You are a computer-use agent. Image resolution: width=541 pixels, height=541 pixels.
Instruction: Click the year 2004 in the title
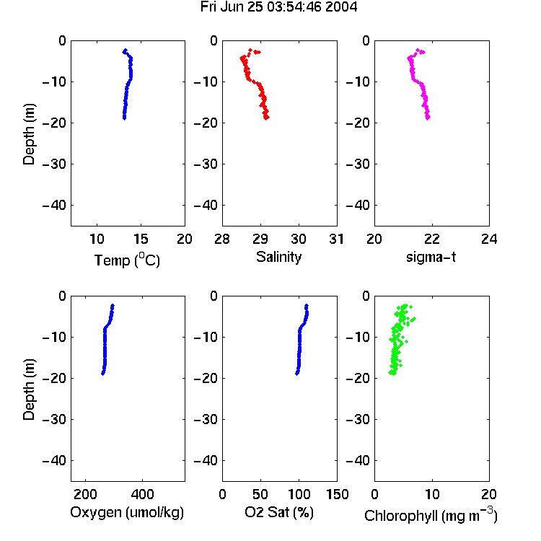coord(341,7)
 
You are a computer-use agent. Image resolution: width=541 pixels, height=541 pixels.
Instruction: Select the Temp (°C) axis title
coord(127,260)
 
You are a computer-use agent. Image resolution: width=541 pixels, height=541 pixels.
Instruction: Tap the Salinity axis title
coord(278,257)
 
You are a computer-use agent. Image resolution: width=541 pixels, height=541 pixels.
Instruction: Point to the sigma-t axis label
coord(431,257)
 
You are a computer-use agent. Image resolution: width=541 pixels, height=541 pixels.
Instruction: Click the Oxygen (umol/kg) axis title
coord(127,512)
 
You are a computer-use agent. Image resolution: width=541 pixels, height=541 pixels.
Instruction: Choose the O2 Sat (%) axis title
coord(278,512)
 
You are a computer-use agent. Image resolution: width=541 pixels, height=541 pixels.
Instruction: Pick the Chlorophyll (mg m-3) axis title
coord(431,515)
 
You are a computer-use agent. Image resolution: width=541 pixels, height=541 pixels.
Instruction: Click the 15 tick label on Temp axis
coord(141,239)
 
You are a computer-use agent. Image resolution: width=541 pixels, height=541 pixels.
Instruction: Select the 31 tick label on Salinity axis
coord(336,239)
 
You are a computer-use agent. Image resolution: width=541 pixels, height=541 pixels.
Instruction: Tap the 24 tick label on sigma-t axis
coord(489,239)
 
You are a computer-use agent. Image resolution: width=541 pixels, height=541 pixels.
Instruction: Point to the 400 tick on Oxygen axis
coord(142,494)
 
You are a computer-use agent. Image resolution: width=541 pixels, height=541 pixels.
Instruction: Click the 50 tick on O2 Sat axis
coord(260,494)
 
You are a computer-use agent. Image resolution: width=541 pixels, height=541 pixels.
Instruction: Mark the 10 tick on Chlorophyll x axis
coord(432,494)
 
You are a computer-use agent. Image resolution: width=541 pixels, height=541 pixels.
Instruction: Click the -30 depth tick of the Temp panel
coord(54,164)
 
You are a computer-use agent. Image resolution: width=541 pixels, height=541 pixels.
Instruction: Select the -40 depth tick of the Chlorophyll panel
coord(358,460)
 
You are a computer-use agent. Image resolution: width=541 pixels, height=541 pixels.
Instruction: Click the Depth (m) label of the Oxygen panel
coord(30,390)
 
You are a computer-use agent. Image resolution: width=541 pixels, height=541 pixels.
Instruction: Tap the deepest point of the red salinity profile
coord(266,118)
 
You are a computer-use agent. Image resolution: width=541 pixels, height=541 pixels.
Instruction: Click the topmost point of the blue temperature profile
coord(126,50)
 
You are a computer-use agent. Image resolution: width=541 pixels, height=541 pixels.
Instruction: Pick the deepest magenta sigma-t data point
coord(428,118)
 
